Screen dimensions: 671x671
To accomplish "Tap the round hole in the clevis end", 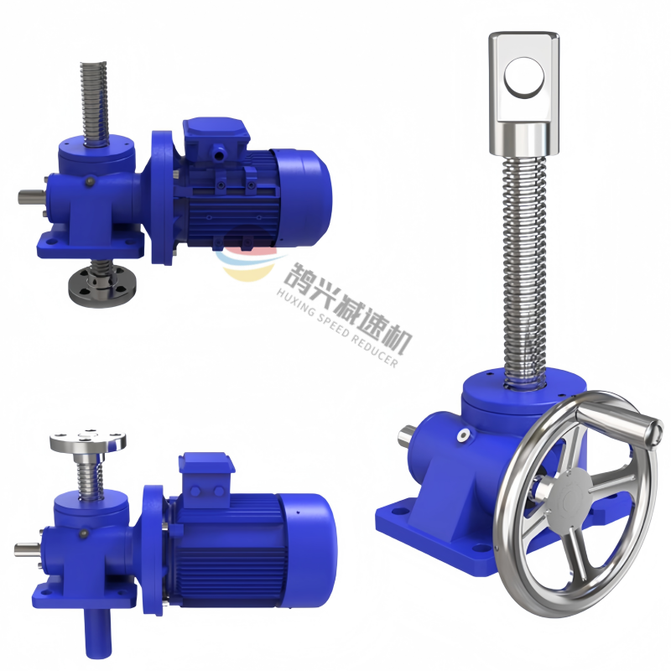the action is point(524,78).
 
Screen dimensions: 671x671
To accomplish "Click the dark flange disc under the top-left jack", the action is point(101,284).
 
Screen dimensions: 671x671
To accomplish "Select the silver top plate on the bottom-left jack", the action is point(88,441).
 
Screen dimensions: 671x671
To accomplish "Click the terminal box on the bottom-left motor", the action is point(206,475).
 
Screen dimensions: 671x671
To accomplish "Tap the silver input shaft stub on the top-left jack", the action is point(31,197).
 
